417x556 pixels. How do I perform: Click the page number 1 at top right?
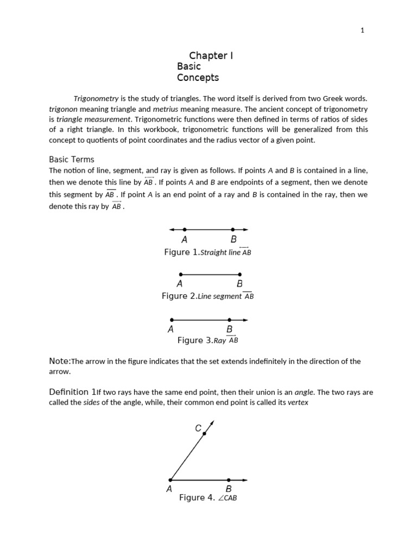362,30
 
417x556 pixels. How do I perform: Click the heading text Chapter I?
211,55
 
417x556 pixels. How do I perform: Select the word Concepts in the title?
198,78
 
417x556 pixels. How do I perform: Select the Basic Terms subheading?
72,160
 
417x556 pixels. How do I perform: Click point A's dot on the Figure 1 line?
185,230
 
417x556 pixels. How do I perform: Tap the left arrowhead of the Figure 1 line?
172,230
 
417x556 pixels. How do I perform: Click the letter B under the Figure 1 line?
233,239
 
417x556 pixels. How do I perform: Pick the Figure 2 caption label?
179,296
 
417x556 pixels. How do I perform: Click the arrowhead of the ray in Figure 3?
245,320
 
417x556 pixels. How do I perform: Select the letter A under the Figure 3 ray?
171,330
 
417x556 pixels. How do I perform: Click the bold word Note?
60,361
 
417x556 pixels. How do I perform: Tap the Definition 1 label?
73,392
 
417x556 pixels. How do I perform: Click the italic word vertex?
298,402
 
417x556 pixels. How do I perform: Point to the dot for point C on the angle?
204,433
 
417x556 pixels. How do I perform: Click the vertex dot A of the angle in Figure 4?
170,480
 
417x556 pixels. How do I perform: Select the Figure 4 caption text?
208,498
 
